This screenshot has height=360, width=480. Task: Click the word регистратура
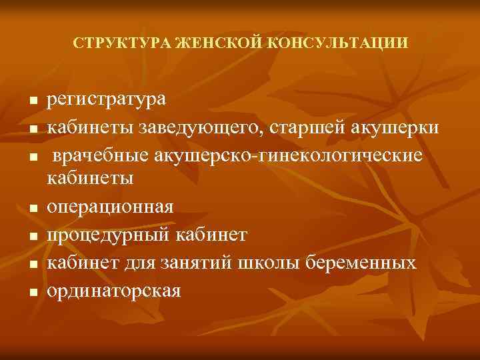point(107,101)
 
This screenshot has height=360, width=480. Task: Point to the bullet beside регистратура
point(32,102)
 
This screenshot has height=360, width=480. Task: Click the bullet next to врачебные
point(32,156)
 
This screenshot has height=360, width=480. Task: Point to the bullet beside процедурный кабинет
point(32,237)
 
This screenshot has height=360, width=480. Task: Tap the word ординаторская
point(113,290)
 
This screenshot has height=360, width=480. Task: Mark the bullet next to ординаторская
point(32,291)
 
